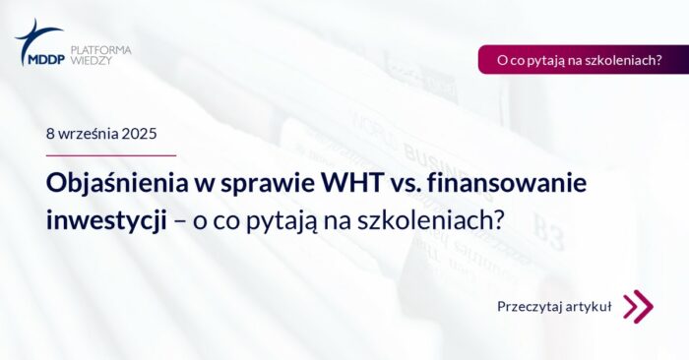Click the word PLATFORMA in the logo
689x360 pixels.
[100, 49]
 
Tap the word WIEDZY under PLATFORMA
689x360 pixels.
[92, 60]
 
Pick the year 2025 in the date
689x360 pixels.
[139, 133]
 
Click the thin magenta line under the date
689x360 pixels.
[111, 155]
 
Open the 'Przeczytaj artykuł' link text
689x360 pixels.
[554, 307]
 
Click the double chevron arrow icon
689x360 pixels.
[638, 306]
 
